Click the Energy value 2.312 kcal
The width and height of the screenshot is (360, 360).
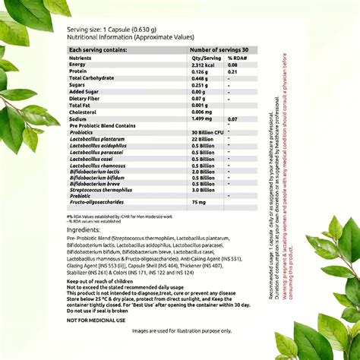[x=204, y=65]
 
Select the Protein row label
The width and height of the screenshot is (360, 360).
[x=80, y=71]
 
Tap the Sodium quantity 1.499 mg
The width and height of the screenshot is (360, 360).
[x=203, y=119]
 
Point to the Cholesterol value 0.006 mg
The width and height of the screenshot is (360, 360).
[x=203, y=112]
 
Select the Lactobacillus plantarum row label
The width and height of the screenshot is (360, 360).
[x=96, y=139]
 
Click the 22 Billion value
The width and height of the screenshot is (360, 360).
[x=202, y=139]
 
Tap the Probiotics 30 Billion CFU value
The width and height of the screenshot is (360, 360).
[x=207, y=132]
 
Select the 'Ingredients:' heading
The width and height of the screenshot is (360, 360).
[x=84, y=229]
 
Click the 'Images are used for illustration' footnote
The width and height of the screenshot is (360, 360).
[x=182, y=331]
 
